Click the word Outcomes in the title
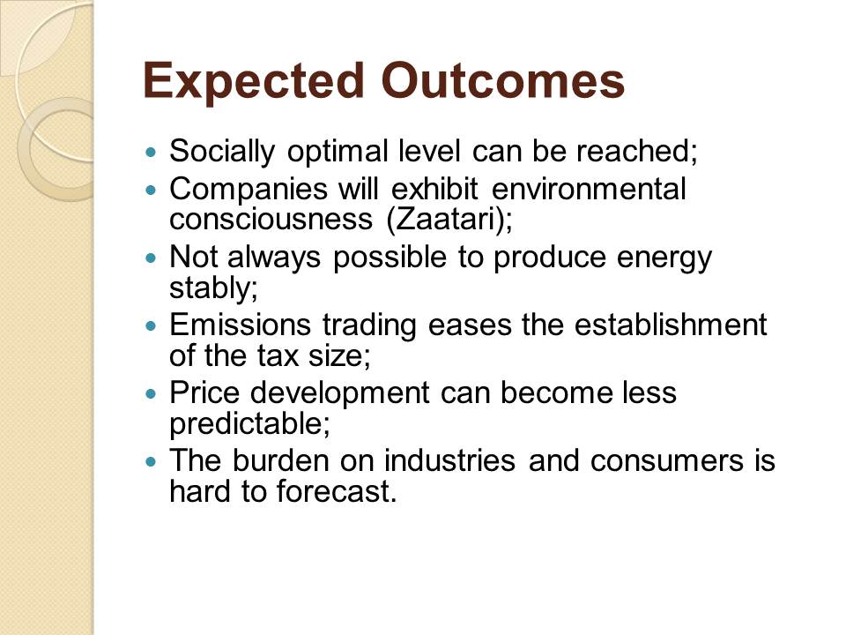[503, 80]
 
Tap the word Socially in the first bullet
[222, 152]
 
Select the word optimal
[338, 152]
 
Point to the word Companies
[249, 190]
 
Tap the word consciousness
[271, 220]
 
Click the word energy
[664, 258]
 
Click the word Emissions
[240, 325]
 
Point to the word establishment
[670, 325]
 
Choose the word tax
[278, 355]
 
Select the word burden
[280, 460]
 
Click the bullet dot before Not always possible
[152, 258]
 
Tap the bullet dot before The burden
[152, 462]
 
